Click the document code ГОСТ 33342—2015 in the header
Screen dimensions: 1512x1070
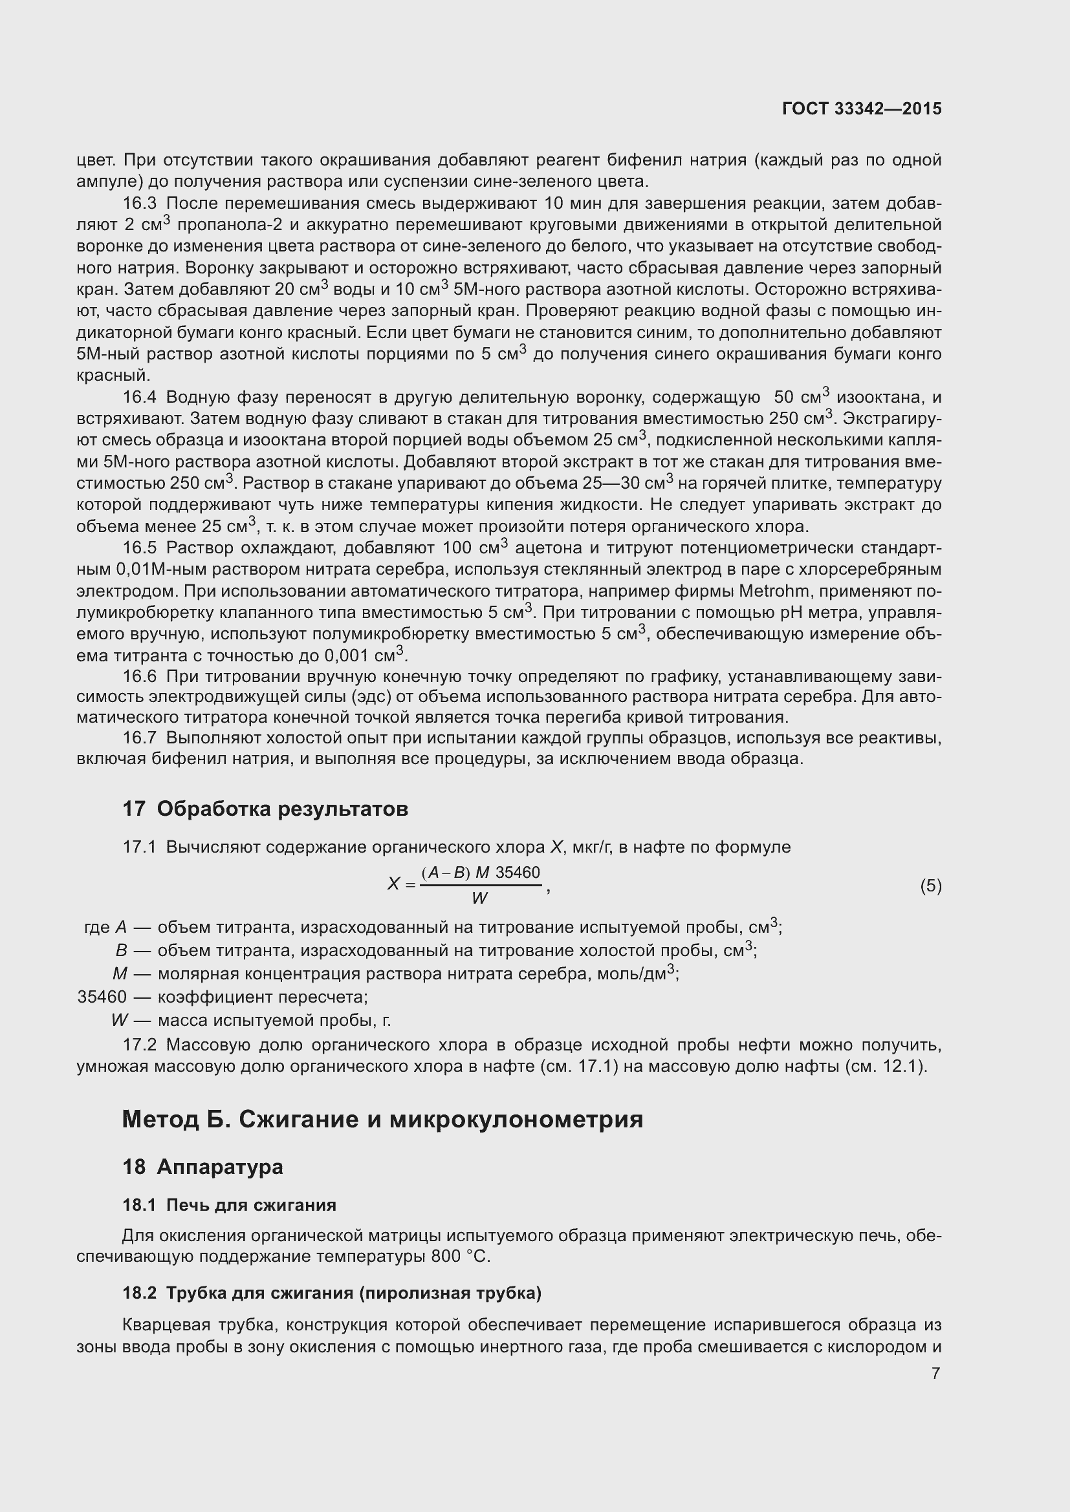[862, 109]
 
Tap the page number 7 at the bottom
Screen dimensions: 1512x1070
[935, 1373]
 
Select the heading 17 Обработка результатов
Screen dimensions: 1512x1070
[265, 809]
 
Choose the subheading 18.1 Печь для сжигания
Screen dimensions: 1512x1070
[228, 1205]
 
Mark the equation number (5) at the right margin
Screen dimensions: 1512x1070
[930, 886]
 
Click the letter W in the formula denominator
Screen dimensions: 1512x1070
[479, 899]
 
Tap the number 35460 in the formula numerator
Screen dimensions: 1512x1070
[518, 873]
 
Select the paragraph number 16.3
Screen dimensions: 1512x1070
[139, 204]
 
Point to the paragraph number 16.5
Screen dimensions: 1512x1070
[139, 548]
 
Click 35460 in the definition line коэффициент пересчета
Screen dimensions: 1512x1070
[102, 996]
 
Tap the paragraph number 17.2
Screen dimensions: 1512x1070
[139, 1045]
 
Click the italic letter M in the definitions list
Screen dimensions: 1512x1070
[120, 974]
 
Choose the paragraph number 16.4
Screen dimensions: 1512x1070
[139, 397]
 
